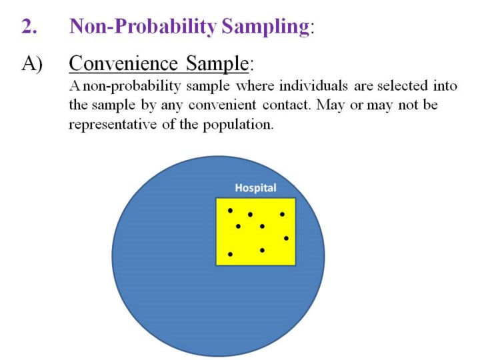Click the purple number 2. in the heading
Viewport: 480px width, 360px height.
(29, 26)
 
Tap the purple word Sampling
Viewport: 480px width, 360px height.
(265, 27)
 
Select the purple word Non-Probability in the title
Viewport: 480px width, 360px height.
(143, 27)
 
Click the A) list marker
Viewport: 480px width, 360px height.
(32, 64)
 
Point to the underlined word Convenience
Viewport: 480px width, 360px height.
(123, 63)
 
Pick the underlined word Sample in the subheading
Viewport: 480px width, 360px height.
(217, 64)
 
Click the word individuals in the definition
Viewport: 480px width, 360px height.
(313, 86)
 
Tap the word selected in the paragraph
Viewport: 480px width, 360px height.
(402, 86)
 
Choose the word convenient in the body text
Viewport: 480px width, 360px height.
(222, 105)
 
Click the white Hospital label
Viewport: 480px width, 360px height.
(255, 188)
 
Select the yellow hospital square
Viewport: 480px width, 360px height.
(255, 232)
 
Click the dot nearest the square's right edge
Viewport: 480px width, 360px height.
(286, 238)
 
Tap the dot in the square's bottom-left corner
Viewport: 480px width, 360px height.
(230, 254)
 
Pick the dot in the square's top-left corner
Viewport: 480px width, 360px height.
(230, 211)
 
